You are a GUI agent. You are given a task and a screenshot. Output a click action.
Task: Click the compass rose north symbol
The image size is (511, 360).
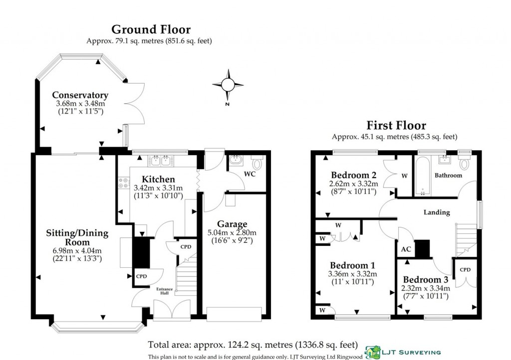[228, 85]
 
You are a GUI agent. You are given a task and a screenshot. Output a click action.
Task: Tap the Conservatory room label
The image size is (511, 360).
[80, 95]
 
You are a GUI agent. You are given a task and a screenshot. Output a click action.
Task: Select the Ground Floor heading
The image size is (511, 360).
[150, 29]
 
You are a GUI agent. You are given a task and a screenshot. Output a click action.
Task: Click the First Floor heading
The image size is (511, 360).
[396, 125]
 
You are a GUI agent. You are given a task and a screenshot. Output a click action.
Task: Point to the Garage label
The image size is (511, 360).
[232, 224]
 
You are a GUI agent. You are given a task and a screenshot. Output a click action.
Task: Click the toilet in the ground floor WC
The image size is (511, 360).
[257, 163]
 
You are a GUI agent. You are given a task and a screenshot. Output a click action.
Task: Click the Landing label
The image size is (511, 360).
[437, 212]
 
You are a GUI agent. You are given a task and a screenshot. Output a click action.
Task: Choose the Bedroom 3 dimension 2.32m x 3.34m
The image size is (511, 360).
[425, 288]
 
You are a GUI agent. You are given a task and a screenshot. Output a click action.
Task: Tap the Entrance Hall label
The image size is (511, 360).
[165, 291]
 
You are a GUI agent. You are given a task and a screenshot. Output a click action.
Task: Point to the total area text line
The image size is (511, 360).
[253, 344]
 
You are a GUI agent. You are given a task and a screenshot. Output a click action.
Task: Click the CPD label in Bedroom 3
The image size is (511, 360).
[465, 270]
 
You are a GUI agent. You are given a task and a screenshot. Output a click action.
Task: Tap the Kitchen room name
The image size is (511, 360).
[158, 179]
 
